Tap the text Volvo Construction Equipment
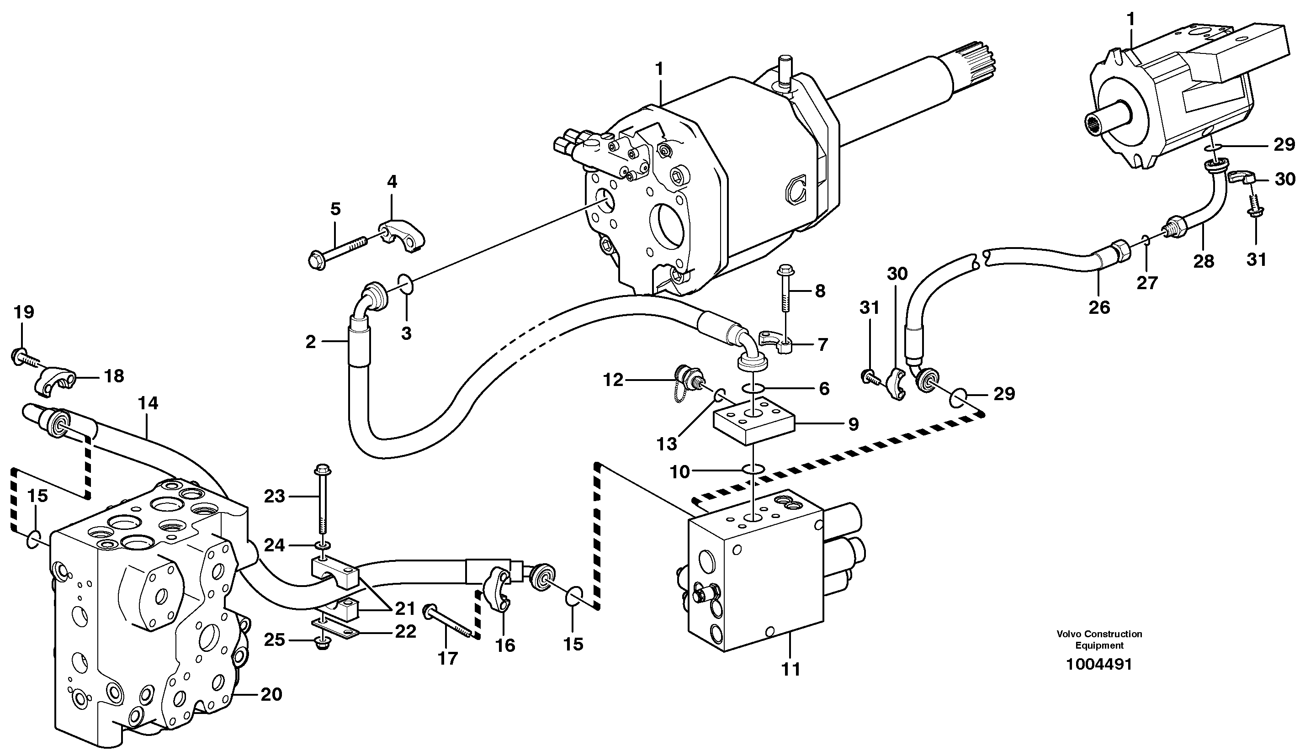point(1099,640)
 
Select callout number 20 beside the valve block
point(271,694)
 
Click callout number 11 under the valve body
point(791,670)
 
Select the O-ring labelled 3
point(406,284)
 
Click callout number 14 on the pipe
point(148,403)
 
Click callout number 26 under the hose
point(1099,307)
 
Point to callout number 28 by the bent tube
point(1204,261)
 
